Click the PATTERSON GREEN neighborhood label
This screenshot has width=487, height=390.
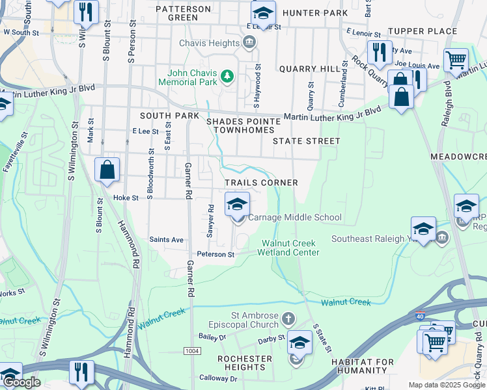tap(183, 13)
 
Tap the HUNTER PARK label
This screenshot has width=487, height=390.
tap(316, 13)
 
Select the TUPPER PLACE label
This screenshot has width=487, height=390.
tap(423, 31)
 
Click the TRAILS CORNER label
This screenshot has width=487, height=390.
tap(261, 183)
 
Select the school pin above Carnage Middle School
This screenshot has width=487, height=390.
tap(237, 204)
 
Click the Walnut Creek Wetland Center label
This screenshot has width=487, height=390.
tap(290, 248)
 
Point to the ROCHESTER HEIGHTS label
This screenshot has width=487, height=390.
tap(245, 363)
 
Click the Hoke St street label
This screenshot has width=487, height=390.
tap(126, 198)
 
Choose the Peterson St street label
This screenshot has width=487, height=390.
tap(216, 254)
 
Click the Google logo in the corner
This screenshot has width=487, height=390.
tap(23, 383)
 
